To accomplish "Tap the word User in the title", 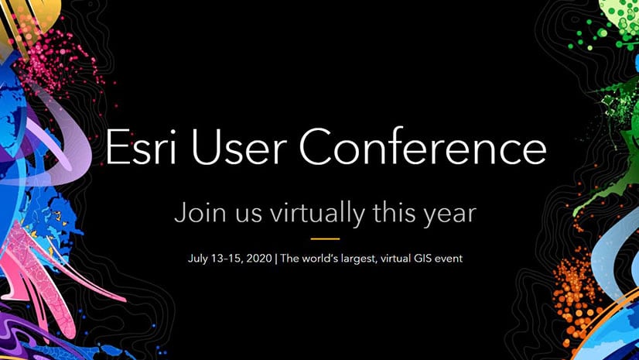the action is point(237,147).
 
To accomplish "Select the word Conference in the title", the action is point(422,146).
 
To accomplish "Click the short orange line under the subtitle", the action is point(325,239).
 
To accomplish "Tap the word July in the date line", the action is point(197,259).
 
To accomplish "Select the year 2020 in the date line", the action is point(260,259).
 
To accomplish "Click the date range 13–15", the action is point(227,259).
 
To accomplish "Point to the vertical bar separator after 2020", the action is point(276,259).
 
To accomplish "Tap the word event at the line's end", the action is point(448,259).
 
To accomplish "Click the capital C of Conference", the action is point(315,146).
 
